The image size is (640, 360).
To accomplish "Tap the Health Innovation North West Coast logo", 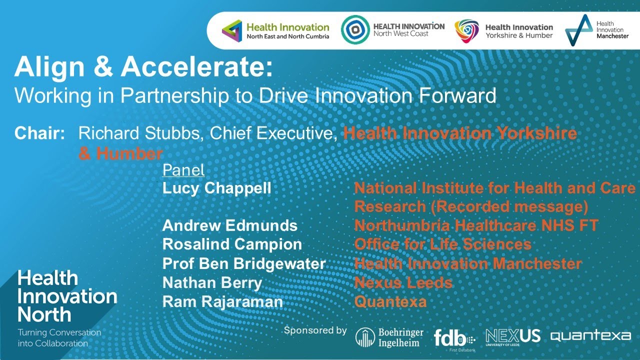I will pyautogui.click(x=393, y=29).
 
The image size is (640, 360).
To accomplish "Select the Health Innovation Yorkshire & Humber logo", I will pyautogui.click(x=504, y=31).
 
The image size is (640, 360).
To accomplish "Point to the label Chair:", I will pyautogui.click(x=40, y=133).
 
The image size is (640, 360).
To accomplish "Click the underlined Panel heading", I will pyautogui.click(x=183, y=170).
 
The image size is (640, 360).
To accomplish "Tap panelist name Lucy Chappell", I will pyautogui.click(x=216, y=188).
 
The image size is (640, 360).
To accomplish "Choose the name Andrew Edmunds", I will pyautogui.click(x=229, y=225).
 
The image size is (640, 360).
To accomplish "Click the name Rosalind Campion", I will pyautogui.click(x=232, y=244).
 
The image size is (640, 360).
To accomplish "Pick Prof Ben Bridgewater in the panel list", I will pyautogui.click(x=244, y=263).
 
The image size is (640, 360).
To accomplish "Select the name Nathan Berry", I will pyautogui.click(x=212, y=282).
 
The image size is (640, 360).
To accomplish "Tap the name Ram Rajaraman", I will pyautogui.click(x=222, y=301).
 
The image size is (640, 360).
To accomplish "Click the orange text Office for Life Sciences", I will pyautogui.click(x=442, y=244).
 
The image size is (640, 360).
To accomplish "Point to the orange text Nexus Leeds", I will pyautogui.click(x=403, y=282).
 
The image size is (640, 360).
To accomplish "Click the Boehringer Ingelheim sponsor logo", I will pyautogui.click(x=389, y=337).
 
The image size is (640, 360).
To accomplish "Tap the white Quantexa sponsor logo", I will pyautogui.click(x=590, y=336).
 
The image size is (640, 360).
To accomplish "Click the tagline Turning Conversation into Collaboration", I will pyautogui.click(x=59, y=338).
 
